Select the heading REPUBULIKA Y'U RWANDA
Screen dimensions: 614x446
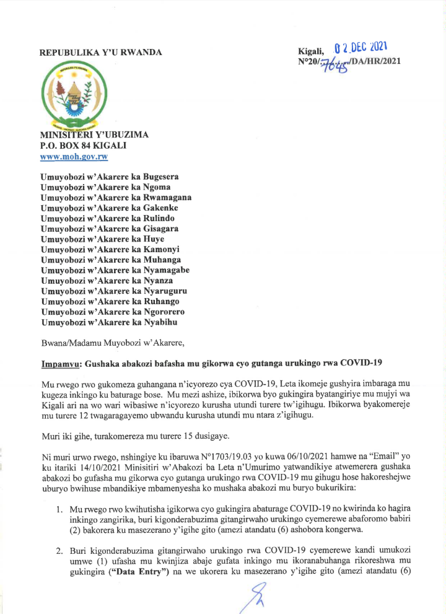(x=101, y=53)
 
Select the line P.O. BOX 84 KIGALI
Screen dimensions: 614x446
(x=83, y=146)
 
